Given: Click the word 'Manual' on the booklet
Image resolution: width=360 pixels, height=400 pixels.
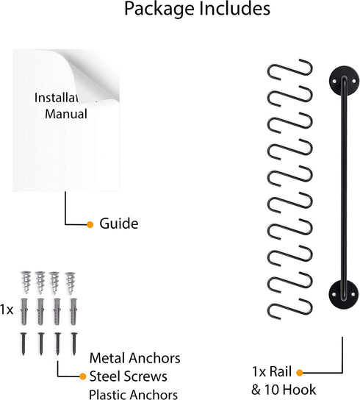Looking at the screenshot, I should (x=66, y=114).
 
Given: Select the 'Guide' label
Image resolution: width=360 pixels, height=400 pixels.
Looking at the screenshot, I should (x=118, y=223).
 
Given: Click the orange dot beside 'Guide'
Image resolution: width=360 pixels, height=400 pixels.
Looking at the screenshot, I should (x=90, y=224).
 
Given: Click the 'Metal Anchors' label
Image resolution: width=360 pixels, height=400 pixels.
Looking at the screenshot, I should (x=134, y=358).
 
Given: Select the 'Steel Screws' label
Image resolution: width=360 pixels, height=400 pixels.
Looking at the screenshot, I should (x=132, y=376).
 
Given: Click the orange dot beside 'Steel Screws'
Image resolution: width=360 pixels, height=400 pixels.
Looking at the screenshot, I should (x=82, y=376).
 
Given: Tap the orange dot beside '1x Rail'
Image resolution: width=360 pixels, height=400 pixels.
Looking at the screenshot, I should (x=300, y=373).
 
